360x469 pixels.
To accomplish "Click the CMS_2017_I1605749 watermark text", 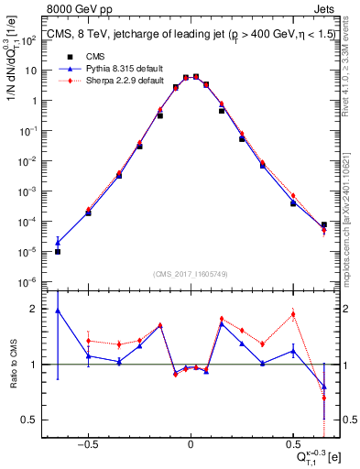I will (x=190, y=274).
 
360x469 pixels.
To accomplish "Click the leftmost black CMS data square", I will (x=58, y=251).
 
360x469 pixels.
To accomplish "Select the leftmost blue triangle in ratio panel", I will (x=58, y=311).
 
